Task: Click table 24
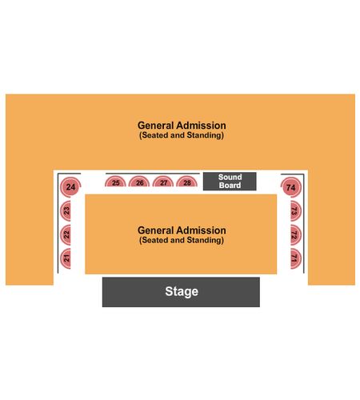(70, 187)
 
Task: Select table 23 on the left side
(66, 211)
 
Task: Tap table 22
(66, 235)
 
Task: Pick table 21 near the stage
(66, 258)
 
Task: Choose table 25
(115, 182)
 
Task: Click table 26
(139, 182)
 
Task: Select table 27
(163, 182)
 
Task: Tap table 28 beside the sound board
(187, 182)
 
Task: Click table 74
(291, 187)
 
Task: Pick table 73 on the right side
(295, 211)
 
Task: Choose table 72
(295, 235)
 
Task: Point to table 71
(295, 258)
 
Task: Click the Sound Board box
(230, 182)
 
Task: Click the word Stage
(182, 291)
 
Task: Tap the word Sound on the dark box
(230, 177)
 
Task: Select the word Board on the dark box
(230, 185)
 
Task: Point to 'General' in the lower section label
(155, 230)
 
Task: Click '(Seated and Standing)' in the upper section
(182, 135)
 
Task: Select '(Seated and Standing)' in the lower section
(182, 240)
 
